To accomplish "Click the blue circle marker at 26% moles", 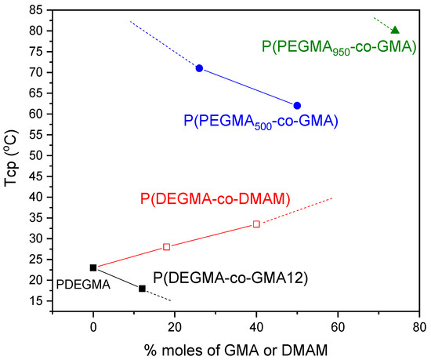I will click(199, 68).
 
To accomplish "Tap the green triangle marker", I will click(395, 31).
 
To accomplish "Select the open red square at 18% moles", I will click(166, 247).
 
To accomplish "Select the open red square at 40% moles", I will click(256, 224).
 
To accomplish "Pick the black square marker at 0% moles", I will click(93, 267).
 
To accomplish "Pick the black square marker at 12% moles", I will click(142, 289).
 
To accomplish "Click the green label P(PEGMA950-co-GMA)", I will click(339, 49).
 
